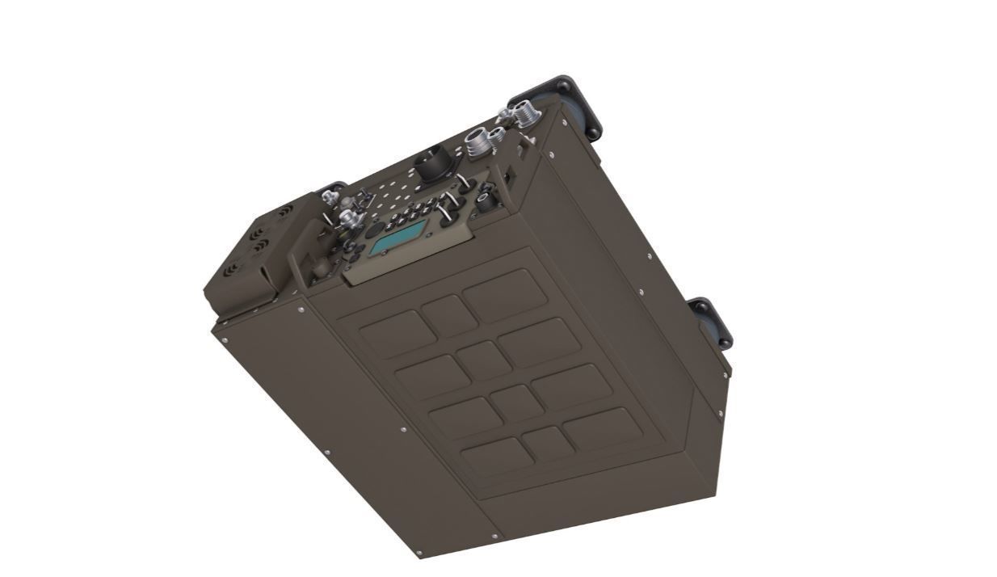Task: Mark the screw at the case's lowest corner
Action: pos(419,554)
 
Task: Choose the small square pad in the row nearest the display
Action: pos(449,315)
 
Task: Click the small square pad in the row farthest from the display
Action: pos(548,443)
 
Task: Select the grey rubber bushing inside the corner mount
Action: pos(579,113)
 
